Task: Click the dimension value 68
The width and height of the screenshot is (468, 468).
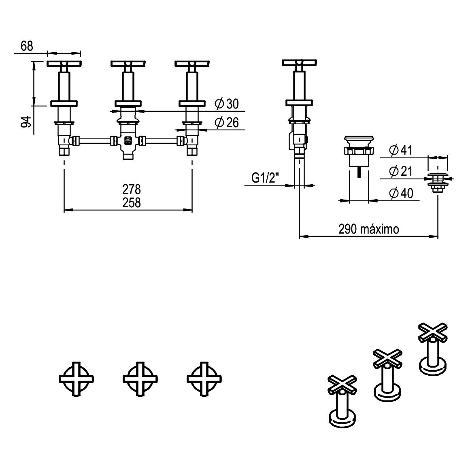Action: [27, 46]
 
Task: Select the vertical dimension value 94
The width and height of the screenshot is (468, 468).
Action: [26, 121]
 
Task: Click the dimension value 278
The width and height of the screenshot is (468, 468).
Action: [132, 189]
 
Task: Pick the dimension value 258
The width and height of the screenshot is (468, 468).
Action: [132, 202]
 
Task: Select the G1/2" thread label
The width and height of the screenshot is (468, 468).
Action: [266, 178]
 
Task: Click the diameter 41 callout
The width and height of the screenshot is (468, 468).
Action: [400, 150]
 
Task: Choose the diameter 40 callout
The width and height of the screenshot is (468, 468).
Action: [401, 193]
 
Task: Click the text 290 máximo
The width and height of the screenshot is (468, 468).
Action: [368, 229]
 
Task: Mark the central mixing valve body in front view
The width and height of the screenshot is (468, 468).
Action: [128, 142]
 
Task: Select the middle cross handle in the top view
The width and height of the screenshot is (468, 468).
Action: [140, 379]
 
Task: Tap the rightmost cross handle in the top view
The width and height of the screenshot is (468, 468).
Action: [204, 379]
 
